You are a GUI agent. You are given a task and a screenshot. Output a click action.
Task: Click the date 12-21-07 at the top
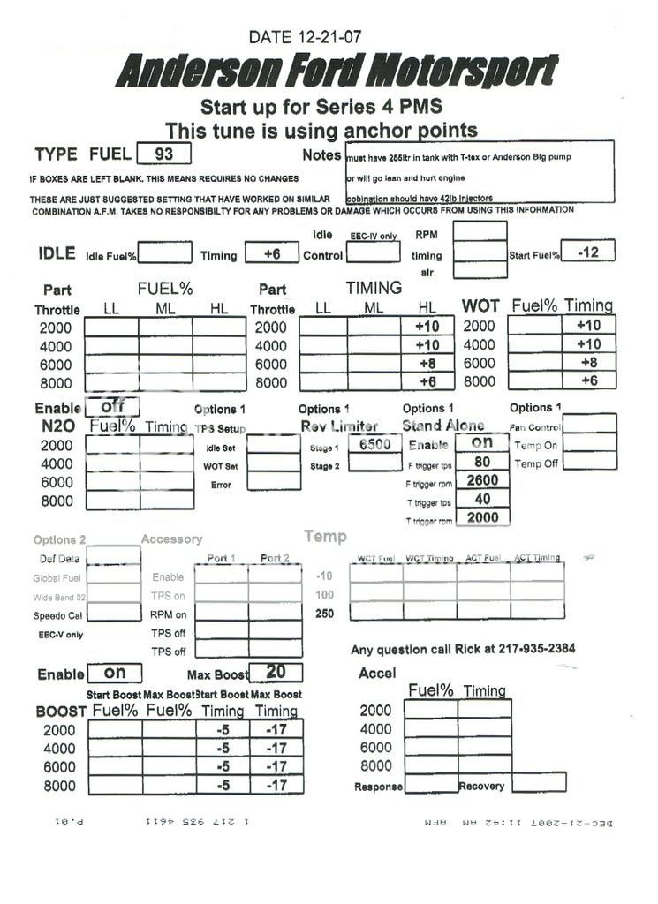[304, 37]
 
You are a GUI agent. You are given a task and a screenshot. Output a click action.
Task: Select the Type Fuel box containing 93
[165, 154]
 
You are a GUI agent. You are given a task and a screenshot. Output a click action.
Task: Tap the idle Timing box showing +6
[271, 253]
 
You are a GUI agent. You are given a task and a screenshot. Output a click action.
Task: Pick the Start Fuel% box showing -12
[587, 252]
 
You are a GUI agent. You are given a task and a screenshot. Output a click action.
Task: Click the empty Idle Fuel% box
[164, 253]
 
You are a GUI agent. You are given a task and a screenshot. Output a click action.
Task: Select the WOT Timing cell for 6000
[588, 363]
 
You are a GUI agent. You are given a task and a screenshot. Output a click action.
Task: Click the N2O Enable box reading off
[112, 408]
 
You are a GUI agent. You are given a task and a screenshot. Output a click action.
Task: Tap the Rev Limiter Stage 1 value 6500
[374, 444]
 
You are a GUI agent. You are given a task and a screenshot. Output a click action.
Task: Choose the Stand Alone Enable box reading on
[481, 442]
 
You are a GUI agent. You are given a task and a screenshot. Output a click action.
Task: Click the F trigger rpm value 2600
[482, 480]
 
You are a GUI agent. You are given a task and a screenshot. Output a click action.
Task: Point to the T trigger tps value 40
[482, 499]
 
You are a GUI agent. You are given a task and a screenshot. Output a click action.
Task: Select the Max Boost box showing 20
[276, 672]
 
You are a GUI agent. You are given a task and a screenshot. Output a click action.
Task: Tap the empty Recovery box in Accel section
[538, 783]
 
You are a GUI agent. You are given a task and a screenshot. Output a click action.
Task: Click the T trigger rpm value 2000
[482, 518]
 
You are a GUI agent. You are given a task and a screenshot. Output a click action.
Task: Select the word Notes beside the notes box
[321, 155]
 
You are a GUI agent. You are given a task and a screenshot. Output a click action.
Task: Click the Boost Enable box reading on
[115, 673]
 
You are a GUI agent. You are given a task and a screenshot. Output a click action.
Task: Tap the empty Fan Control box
[589, 424]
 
